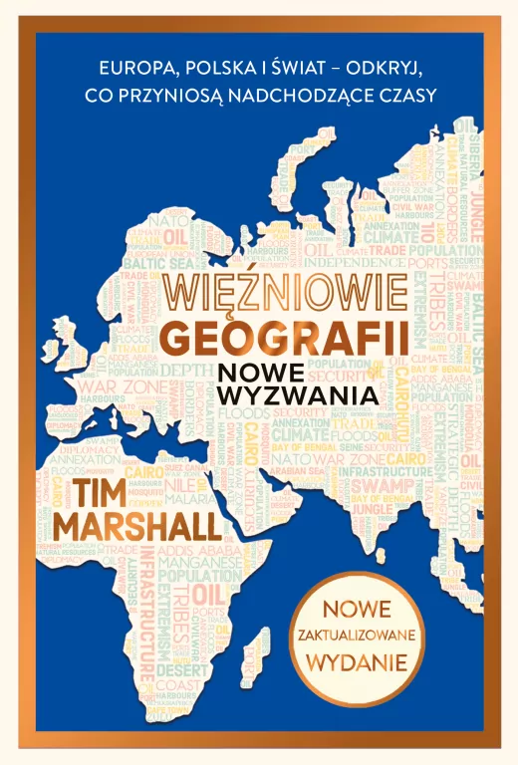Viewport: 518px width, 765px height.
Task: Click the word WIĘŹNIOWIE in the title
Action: pos(284,290)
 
